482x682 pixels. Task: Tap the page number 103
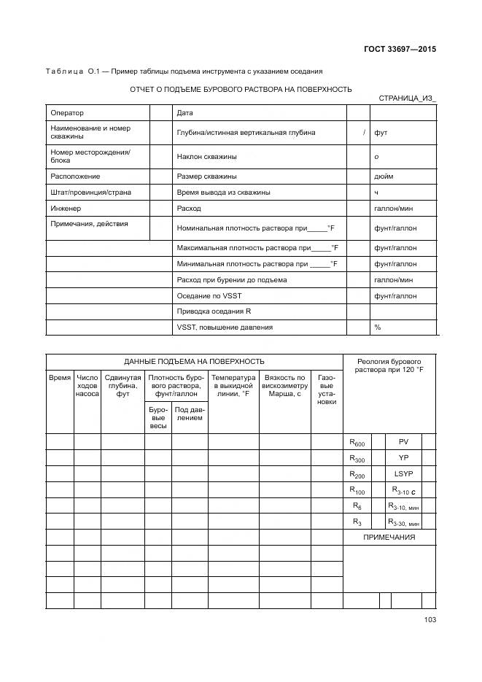click(x=429, y=620)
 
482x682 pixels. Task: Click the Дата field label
click(x=185, y=113)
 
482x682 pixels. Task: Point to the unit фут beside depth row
click(x=381, y=133)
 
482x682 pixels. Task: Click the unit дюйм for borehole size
click(x=384, y=177)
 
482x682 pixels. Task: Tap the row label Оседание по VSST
click(x=208, y=296)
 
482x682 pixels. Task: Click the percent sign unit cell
click(x=378, y=328)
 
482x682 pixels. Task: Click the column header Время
click(x=60, y=378)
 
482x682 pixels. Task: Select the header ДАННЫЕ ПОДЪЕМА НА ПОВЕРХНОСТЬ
click(x=194, y=362)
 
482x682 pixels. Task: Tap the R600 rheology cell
click(x=357, y=443)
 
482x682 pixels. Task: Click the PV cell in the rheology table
click(x=403, y=442)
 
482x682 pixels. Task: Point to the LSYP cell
click(x=403, y=474)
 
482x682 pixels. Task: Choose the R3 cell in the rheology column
click(x=357, y=522)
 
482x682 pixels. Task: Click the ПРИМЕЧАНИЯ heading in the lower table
click(x=389, y=538)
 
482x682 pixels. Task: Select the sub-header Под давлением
click(x=190, y=414)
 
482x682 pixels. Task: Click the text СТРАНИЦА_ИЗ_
click(x=407, y=98)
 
